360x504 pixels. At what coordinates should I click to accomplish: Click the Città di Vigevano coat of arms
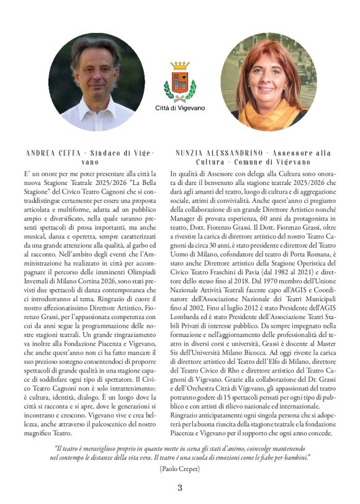pyautogui.click(x=179, y=83)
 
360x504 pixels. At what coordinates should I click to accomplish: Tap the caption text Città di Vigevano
pyautogui.click(x=179, y=109)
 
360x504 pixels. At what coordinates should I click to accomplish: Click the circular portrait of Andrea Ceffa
pyautogui.click(x=96, y=81)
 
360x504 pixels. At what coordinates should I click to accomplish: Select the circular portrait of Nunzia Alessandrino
pyautogui.click(x=268, y=81)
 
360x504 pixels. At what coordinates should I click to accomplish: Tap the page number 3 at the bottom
pyautogui.click(x=180, y=487)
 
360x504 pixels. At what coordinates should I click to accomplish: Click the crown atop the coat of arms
pyautogui.click(x=179, y=65)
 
